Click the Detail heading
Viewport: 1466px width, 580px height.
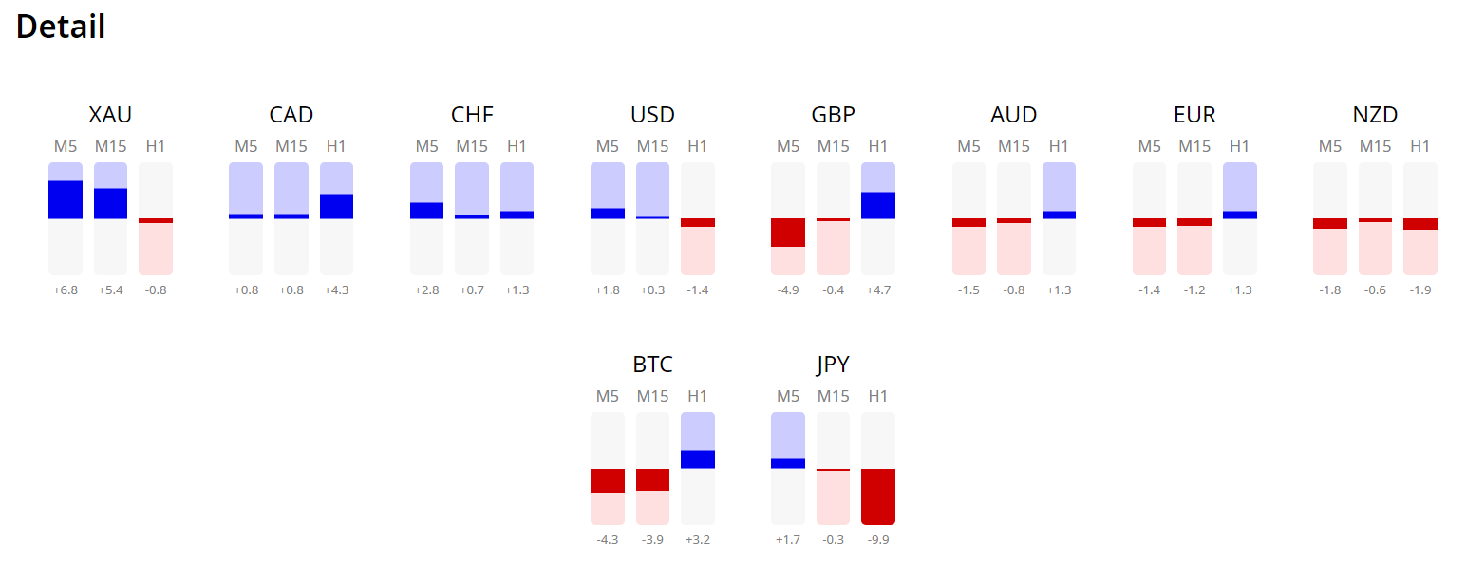(61, 27)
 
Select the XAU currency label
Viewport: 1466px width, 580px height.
(110, 115)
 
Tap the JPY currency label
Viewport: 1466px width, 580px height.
(833, 365)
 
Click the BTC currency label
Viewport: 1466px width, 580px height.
(652, 365)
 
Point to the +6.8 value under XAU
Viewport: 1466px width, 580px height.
(65, 290)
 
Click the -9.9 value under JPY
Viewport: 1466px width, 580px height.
(878, 540)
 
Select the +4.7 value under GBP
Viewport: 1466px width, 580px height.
(878, 290)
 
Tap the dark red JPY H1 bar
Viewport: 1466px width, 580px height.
(878, 496)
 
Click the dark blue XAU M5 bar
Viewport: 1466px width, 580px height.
(65, 199)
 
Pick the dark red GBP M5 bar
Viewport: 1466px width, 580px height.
(787, 233)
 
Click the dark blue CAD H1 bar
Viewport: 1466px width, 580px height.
(336, 206)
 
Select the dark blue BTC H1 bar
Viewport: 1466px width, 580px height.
(698, 459)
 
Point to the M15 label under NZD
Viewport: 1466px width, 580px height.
(1375, 146)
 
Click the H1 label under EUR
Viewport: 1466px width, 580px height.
(1239, 146)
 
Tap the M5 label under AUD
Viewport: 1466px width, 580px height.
(968, 146)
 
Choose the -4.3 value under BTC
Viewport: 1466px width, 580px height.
(607, 540)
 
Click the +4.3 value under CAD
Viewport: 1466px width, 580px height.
(336, 290)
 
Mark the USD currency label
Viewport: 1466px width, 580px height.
(652, 115)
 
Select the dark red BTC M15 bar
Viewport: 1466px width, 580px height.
(652, 479)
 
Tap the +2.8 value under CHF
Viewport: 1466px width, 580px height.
(426, 290)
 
